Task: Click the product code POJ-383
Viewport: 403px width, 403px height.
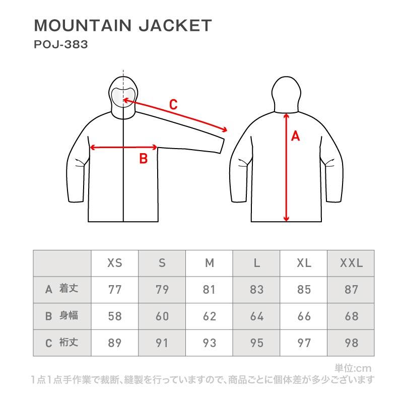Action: pos(60,44)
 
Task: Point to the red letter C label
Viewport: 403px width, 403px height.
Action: pos(173,105)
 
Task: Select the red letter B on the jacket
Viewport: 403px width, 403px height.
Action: pos(143,159)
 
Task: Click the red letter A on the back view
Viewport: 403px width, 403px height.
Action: pos(296,136)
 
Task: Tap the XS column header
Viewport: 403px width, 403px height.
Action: pos(115,263)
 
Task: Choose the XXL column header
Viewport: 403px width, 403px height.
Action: pos(352,263)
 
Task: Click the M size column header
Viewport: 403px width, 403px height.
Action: pos(210,263)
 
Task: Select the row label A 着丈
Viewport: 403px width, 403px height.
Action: pos(61,289)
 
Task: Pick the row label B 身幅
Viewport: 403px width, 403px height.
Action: pos(61,316)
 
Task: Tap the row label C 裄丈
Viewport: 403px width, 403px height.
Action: pos(61,343)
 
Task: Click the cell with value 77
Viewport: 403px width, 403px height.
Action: pos(115,290)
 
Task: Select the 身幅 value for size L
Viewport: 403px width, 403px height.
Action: pos(257,316)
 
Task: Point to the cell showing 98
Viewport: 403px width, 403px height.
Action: pos(352,343)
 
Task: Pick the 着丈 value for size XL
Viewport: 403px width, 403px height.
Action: pos(304,290)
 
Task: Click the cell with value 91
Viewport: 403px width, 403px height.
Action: pos(162,343)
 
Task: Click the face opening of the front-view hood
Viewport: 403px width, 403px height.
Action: pos(123,95)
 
